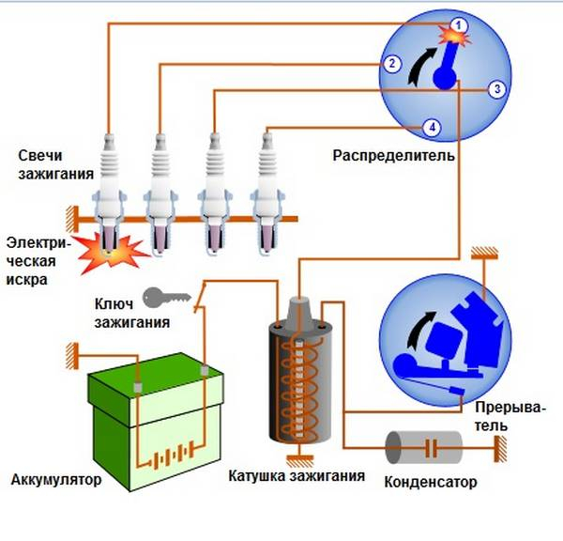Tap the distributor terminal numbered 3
click(x=497, y=88)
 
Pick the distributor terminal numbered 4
click(x=431, y=127)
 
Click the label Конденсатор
click(x=431, y=483)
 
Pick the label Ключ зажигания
click(x=132, y=314)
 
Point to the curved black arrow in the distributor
click(x=419, y=70)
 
